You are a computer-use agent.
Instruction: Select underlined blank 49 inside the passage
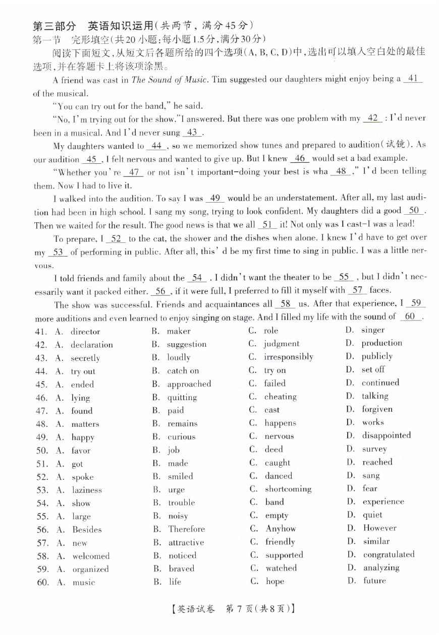[215, 198]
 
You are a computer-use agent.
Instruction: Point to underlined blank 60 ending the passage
[410, 316]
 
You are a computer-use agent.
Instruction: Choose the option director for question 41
[85, 332]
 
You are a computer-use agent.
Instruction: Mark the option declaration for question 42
[92, 345]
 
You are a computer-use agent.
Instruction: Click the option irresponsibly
[289, 357]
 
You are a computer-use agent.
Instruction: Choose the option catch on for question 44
[183, 371]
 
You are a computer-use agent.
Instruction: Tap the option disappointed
[387, 435]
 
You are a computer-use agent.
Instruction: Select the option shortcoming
[288, 489]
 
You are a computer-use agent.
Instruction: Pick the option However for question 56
[379, 528]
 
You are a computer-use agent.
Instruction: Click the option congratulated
[389, 554]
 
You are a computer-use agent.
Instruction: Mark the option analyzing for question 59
[381, 567]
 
